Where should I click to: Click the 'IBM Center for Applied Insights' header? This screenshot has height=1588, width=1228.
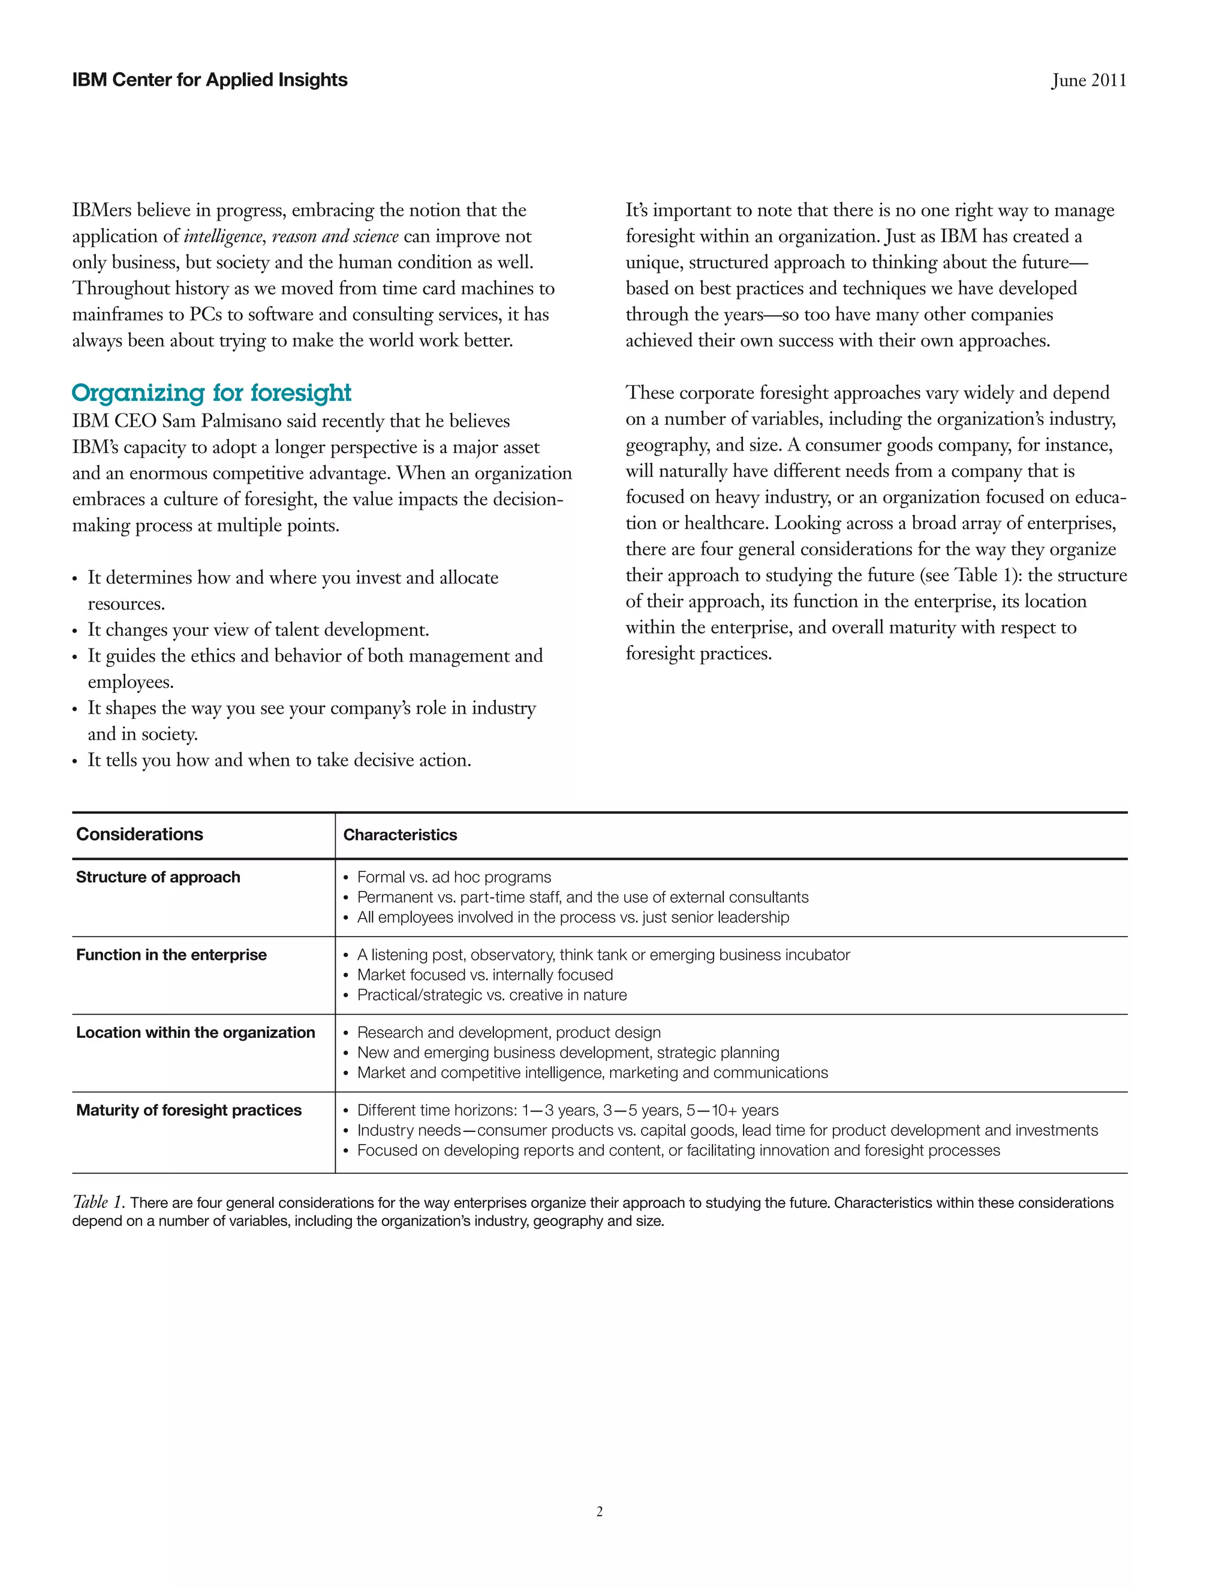pos(209,80)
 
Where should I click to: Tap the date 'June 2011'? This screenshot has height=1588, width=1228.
pos(1088,81)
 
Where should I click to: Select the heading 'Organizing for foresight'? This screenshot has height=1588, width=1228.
pos(211,393)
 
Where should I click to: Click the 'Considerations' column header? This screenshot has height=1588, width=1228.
pos(140,835)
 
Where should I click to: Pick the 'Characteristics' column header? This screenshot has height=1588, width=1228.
pos(400,835)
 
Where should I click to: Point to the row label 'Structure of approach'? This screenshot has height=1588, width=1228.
pos(158,877)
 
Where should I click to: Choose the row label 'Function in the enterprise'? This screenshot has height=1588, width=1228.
pos(171,955)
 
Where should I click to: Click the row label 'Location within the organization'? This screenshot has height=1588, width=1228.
pos(195,1032)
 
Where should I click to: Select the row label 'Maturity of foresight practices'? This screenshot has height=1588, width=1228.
pos(188,1110)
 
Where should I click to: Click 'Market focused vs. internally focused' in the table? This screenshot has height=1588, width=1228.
pos(484,975)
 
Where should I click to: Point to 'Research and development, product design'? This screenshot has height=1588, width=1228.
pos(508,1032)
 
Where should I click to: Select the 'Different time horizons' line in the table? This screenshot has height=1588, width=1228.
pos(567,1110)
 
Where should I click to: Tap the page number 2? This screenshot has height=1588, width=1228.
pos(600,1512)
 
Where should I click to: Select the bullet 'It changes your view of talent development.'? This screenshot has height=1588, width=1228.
pos(258,630)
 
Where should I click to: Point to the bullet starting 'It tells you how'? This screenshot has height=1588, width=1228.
pos(279,760)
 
